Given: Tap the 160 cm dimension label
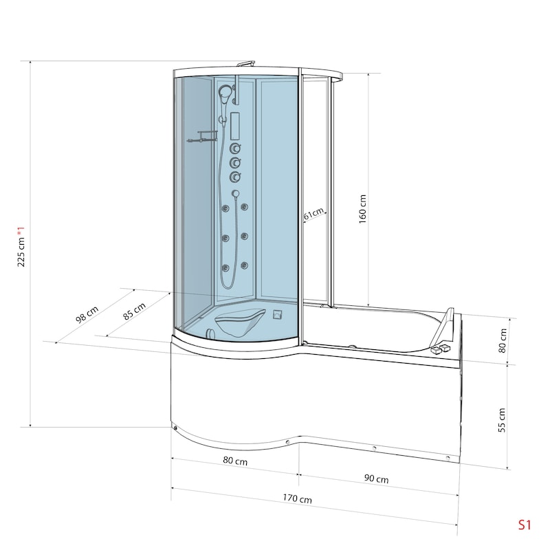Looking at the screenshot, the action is tap(363, 209).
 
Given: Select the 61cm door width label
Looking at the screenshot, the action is tap(313, 214).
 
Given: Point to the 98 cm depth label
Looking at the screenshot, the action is tap(87, 314).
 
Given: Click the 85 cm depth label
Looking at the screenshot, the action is tap(134, 311).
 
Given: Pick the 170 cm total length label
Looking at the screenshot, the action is tap(298, 498).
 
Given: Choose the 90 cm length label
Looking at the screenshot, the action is tap(376, 478).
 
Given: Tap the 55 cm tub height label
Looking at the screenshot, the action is tap(502, 420).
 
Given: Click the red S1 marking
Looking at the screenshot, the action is tap(525, 525).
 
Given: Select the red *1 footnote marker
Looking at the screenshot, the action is tap(21, 232).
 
